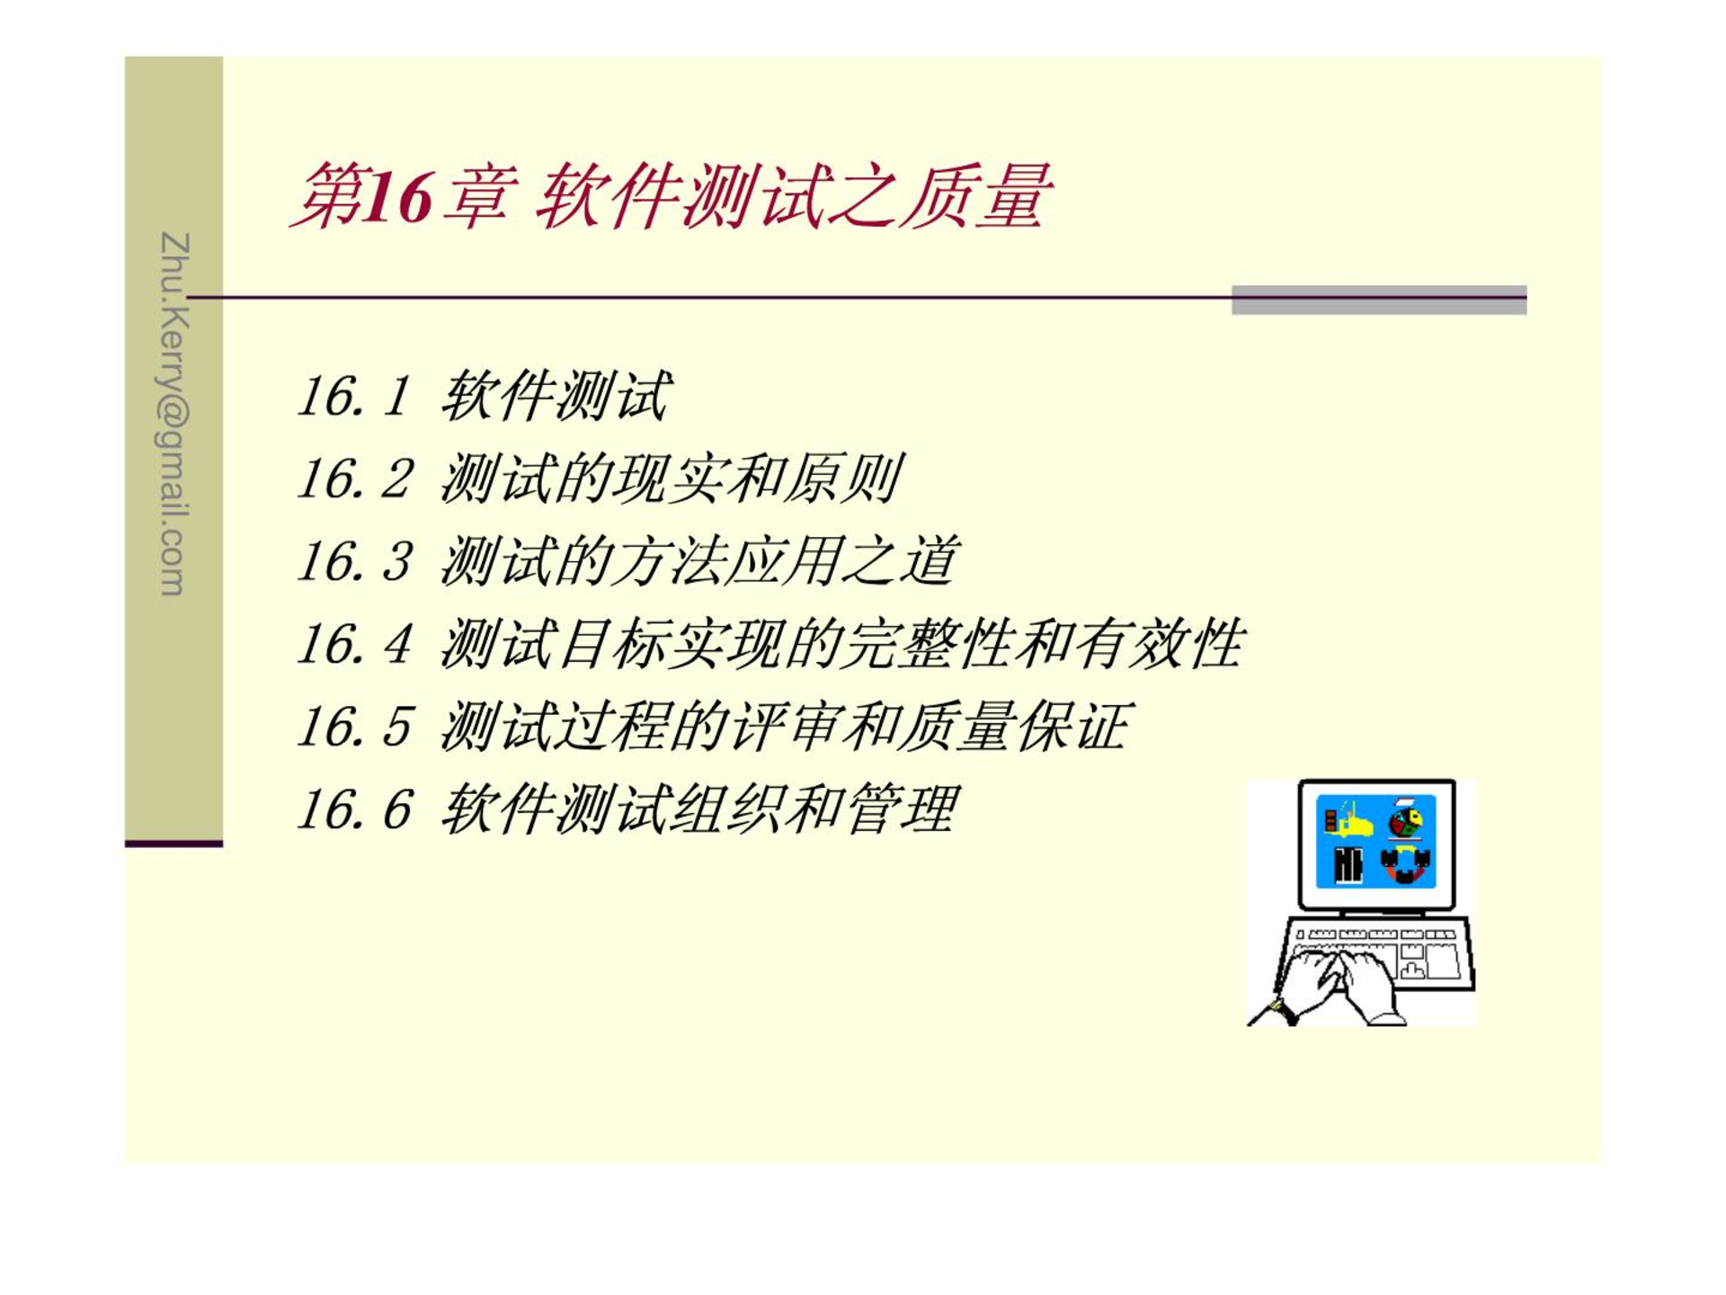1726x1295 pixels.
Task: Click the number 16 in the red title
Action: (x=399, y=197)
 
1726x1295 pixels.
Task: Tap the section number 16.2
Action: (x=354, y=478)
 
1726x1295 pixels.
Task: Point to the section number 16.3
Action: (x=354, y=561)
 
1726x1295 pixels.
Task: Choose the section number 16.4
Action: (x=354, y=644)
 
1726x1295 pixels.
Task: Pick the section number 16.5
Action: (x=354, y=727)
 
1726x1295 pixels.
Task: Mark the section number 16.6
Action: (x=354, y=809)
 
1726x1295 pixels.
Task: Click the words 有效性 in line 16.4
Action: (x=1160, y=644)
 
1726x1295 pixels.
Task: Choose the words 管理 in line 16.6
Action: (x=902, y=809)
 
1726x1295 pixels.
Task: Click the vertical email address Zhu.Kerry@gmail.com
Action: (x=174, y=415)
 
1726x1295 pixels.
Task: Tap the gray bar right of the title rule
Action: (x=1379, y=300)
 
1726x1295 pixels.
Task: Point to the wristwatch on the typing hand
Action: (x=1285, y=1010)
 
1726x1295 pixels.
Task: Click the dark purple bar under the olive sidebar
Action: (x=173, y=844)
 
